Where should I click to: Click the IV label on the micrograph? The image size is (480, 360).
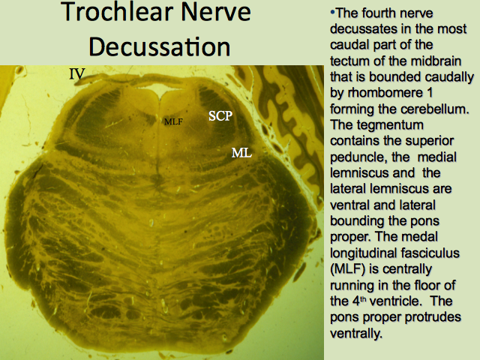[76, 73]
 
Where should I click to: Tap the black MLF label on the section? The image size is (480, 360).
[173, 121]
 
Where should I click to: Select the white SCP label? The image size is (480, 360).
[220, 115]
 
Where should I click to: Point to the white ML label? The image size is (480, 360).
[241, 152]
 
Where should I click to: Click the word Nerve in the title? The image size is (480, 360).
[216, 13]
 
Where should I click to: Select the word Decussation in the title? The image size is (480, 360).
[160, 46]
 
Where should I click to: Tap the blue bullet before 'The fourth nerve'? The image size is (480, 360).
[332, 13]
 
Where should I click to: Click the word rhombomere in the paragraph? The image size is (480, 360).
[385, 92]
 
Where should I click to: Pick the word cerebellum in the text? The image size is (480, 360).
[435, 109]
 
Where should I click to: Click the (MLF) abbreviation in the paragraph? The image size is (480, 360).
[348, 269]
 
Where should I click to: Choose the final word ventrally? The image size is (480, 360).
[356, 333]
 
